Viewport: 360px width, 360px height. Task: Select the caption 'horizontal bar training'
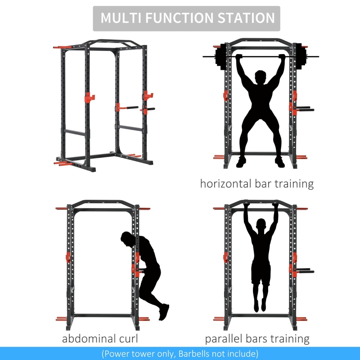point(257,184)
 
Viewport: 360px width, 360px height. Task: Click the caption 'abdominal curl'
point(100,339)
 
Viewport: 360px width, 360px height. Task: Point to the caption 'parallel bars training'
point(257,339)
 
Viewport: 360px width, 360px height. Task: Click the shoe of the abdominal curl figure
point(164,311)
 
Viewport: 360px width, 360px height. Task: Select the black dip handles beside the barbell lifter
point(305,108)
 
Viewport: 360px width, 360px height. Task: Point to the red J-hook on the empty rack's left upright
point(89,97)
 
